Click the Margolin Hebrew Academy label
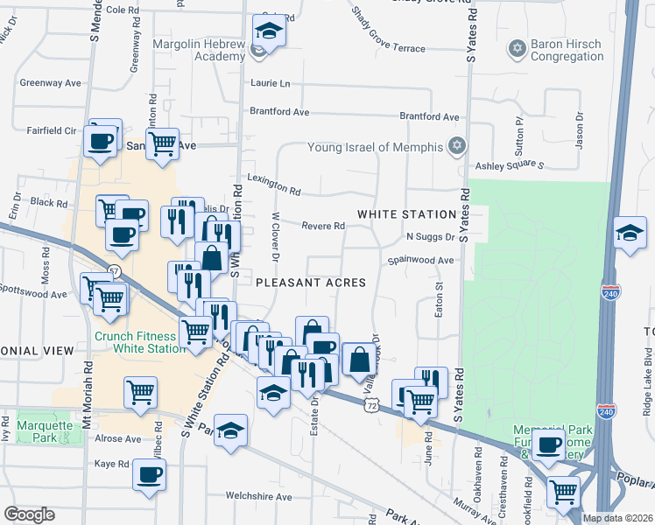pos(199,50)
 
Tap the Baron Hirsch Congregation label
pos(568,51)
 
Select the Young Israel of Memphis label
pos(376,147)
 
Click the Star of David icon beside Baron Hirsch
pos(517,46)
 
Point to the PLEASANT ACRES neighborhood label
pos(310,283)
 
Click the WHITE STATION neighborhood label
pos(406,214)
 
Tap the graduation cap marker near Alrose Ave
pos(231,430)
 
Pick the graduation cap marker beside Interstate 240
pos(630,233)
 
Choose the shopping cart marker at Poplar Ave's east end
pos(563,490)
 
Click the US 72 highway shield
pos(373,406)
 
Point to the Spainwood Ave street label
pos(422,260)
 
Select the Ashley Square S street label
pos(510,165)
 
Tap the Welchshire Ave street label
pos(258,496)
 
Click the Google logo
pos(29,514)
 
